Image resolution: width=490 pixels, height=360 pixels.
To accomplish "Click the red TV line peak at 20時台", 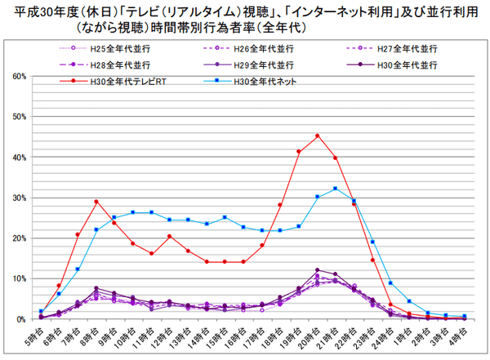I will (x=317, y=136).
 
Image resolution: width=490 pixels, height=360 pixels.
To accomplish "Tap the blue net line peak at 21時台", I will (x=335, y=189).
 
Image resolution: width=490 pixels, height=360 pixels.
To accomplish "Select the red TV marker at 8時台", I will (x=96, y=201).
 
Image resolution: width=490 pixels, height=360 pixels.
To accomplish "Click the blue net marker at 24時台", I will (x=390, y=282).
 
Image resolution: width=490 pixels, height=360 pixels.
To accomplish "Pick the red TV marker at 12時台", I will (x=170, y=236).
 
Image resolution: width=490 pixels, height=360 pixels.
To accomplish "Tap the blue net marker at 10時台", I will (x=133, y=212).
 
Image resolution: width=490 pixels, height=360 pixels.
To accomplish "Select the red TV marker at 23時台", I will (x=372, y=260).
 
